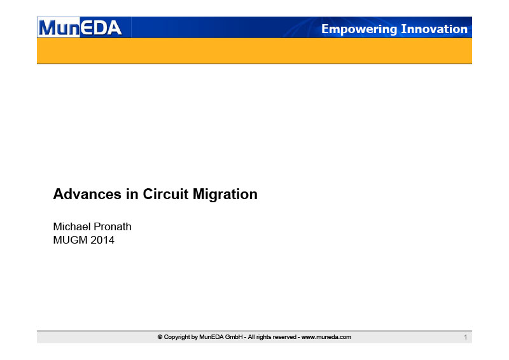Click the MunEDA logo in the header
tap(80, 27)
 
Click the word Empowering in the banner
tap(359, 29)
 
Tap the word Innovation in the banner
tap(435, 29)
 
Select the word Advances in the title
tap(87, 194)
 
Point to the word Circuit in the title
tap(165, 194)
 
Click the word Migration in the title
tap(225, 195)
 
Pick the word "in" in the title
tap(132, 194)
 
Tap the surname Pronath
tap(113, 226)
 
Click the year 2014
tap(102, 240)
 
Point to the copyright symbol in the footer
tap(160, 337)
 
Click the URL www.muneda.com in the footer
tap(326, 337)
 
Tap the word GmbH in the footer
tap(234, 337)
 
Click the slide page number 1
tap(466, 337)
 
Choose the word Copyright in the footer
tap(177, 337)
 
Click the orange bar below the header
tap(254, 51)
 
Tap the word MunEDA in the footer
tap(211, 337)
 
